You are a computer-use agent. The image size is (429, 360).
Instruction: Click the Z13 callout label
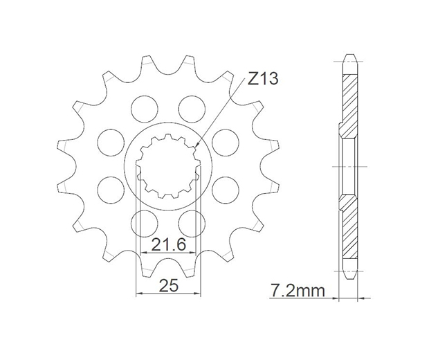point(263,78)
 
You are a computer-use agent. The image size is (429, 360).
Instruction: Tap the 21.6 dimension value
point(168,244)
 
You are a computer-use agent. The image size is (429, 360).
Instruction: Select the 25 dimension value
point(169,285)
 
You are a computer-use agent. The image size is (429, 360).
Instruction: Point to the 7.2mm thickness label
point(297,290)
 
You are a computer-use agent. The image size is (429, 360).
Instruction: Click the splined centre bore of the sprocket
point(168,166)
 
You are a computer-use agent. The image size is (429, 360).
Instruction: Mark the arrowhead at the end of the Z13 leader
point(197,146)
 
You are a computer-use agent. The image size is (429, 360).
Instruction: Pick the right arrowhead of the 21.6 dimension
point(192,253)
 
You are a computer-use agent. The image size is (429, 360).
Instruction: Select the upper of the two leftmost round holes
point(111,141)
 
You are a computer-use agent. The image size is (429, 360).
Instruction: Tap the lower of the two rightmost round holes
point(225,190)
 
